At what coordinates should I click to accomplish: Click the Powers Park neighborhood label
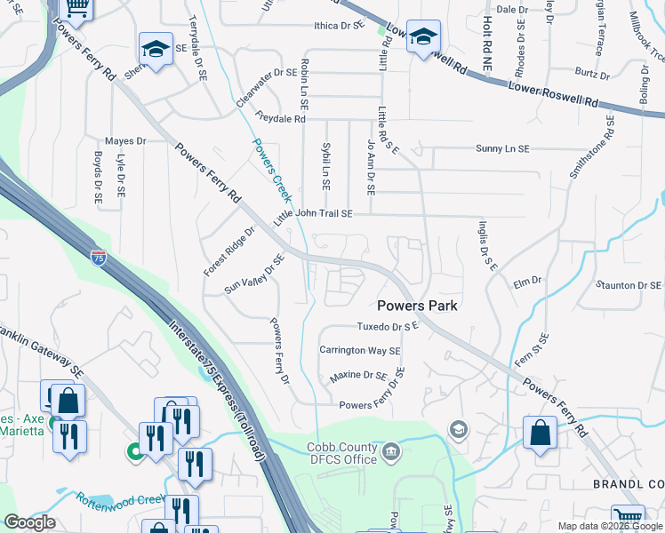(x=418, y=305)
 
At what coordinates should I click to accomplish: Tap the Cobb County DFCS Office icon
(x=390, y=454)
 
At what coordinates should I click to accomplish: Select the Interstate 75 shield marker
(x=99, y=259)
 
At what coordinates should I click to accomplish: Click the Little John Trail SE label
(x=313, y=214)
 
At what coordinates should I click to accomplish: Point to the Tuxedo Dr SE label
(x=388, y=327)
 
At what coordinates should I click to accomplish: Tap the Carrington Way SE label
(x=360, y=351)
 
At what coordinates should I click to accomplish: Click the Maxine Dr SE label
(x=358, y=377)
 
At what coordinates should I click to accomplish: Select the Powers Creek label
(x=271, y=169)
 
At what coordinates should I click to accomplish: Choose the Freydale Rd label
(x=280, y=118)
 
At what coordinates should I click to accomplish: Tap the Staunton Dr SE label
(x=629, y=285)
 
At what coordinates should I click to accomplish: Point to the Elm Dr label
(x=527, y=282)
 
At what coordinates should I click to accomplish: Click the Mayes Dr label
(x=124, y=141)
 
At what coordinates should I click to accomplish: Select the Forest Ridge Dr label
(x=228, y=251)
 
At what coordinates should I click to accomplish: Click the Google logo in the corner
(x=29, y=522)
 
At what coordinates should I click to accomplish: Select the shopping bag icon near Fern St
(x=540, y=435)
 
